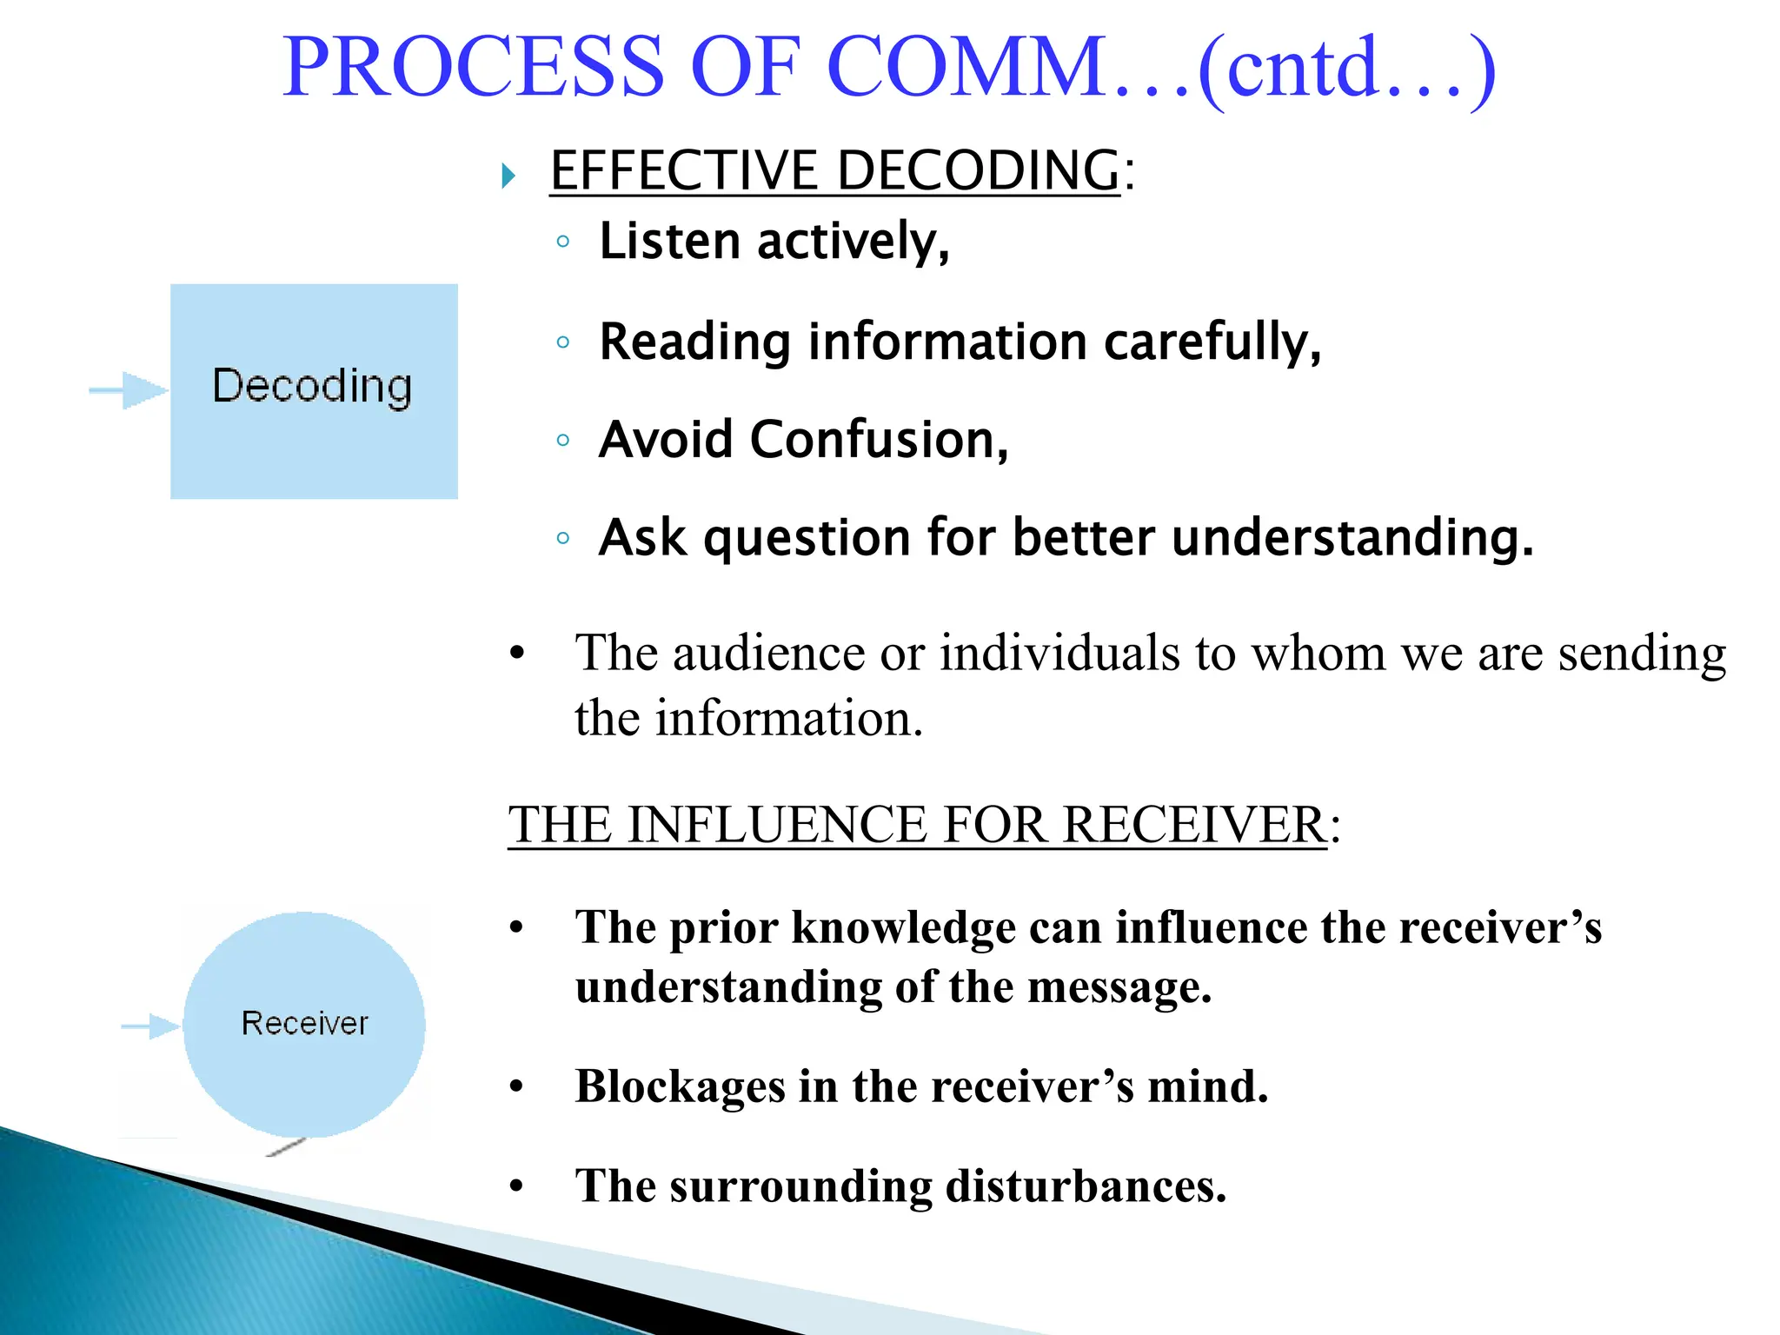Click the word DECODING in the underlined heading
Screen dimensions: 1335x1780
point(979,170)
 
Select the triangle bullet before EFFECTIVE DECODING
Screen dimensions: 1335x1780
point(509,176)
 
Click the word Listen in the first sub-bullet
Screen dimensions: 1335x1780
point(670,242)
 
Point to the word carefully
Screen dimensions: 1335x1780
point(1212,342)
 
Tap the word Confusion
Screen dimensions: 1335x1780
point(878,440)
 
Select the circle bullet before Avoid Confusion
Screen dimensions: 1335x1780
point(563,441)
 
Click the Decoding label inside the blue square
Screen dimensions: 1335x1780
point(313,387)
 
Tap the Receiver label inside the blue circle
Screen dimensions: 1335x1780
point(305,1024)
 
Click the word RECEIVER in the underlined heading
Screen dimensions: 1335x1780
point(1194,825)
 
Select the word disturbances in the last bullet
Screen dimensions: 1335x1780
point(1086,1186)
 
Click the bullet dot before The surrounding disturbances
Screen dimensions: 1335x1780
point(517,1186)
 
